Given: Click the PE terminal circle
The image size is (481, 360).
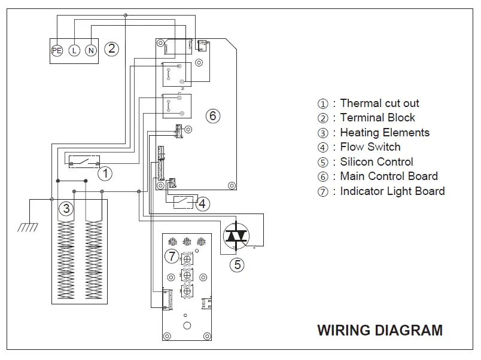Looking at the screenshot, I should pos(57,51).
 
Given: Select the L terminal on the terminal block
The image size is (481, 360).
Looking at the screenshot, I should pos(74,51).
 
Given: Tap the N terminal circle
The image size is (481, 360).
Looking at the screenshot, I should pos(90,51).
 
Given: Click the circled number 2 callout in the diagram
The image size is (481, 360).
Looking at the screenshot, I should pos(112,49).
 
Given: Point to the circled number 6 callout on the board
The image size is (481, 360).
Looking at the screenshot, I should pos(213,115).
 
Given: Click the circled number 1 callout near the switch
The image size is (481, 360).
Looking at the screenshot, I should pos(105,174).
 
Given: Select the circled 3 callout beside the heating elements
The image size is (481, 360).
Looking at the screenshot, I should pos(66,209).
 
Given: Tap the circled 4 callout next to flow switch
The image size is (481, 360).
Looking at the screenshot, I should pos(203,203).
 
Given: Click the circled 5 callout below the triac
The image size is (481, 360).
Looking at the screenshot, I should pos(238,264).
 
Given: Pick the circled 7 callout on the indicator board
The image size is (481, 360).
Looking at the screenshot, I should pos(172,257).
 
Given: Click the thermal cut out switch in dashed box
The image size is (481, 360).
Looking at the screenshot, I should pos(84,161).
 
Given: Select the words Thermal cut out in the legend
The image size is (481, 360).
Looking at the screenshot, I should pos(379,103).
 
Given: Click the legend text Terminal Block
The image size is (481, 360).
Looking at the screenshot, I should pos(377,118).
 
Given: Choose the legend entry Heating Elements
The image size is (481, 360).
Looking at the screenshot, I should pos(384,133).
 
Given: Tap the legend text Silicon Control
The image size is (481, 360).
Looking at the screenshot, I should pos(376,161).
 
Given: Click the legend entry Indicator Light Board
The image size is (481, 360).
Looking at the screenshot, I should pos(392,191).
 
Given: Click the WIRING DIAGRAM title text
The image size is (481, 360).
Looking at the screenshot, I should pos(379,330).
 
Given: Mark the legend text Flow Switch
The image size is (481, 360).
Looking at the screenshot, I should pos(370,147).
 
